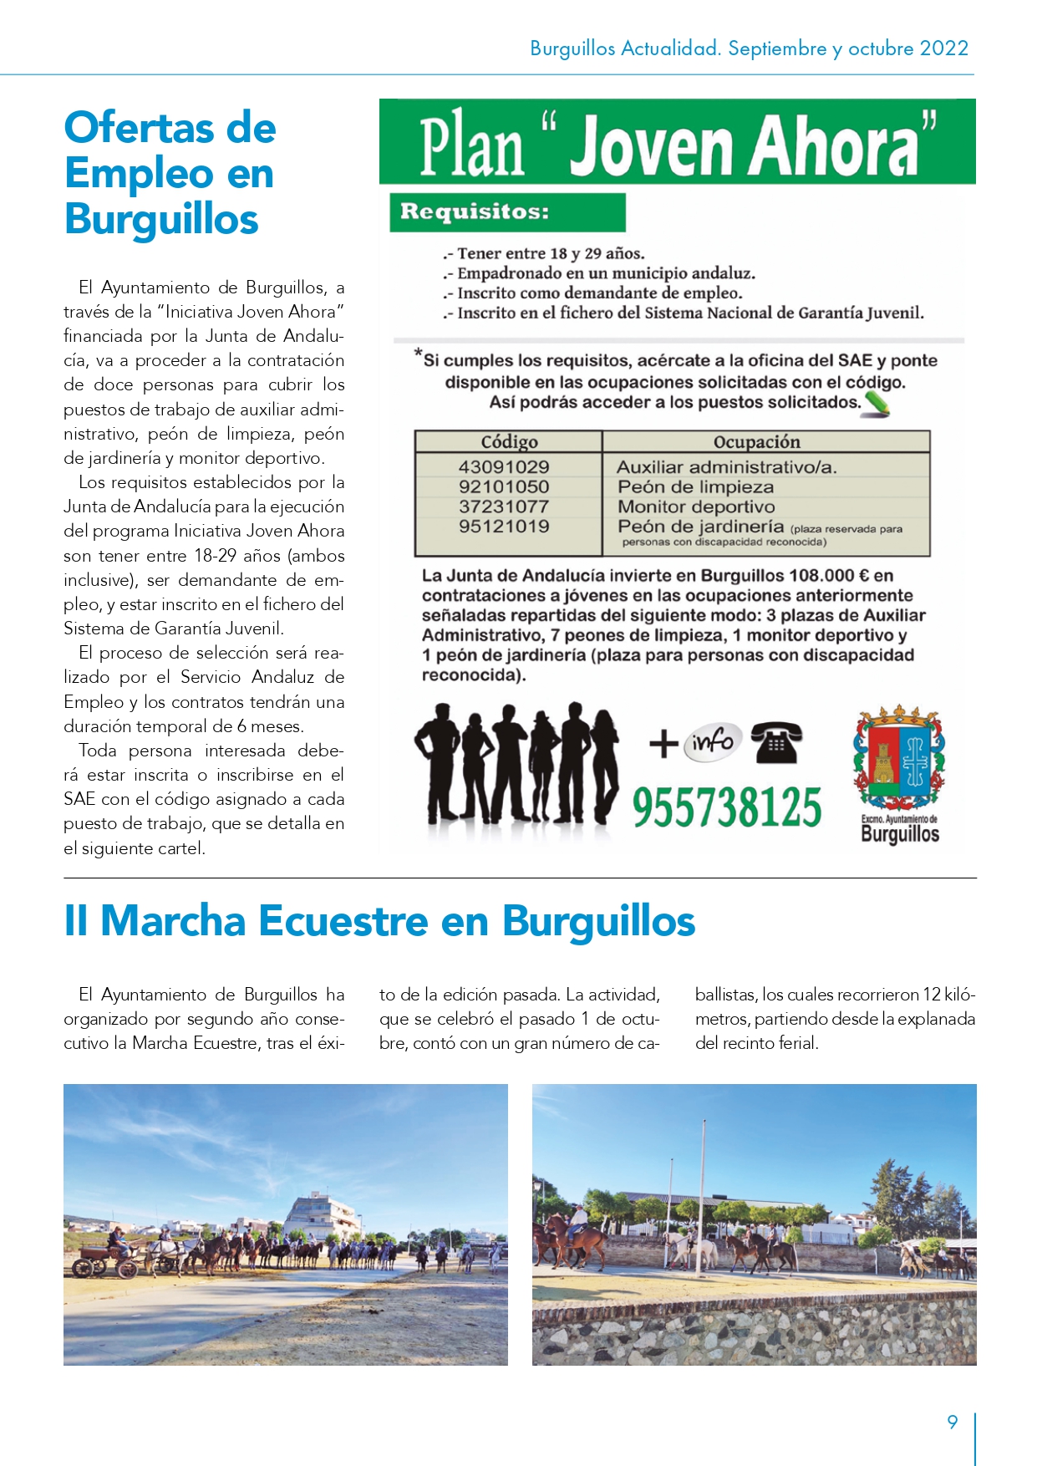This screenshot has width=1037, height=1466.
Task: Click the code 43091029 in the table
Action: click(x=503, y=467)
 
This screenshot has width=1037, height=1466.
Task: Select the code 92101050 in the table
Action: click(x=503, y=487)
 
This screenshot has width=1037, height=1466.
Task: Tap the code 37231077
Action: click(x=503, y=506)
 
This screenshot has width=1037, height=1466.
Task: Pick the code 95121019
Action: click(x=503, y=527)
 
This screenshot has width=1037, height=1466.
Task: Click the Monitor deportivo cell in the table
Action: click(x=696, y=506)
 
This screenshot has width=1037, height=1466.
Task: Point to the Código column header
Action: click(x=509, y=442)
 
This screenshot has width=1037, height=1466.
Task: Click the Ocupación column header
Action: click(x=756, y=442)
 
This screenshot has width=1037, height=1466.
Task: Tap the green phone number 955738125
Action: click(x=726, y=807)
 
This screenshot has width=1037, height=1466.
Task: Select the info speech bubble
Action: click(x=713, y=741)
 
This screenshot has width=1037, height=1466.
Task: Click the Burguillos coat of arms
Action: click(x=898, y=758)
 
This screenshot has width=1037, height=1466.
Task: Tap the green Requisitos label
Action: click(x=475, y=211)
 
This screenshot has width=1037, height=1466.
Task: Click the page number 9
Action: click(x=952, y=1422)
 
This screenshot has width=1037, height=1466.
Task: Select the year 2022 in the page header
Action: click(x=943, y=48)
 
